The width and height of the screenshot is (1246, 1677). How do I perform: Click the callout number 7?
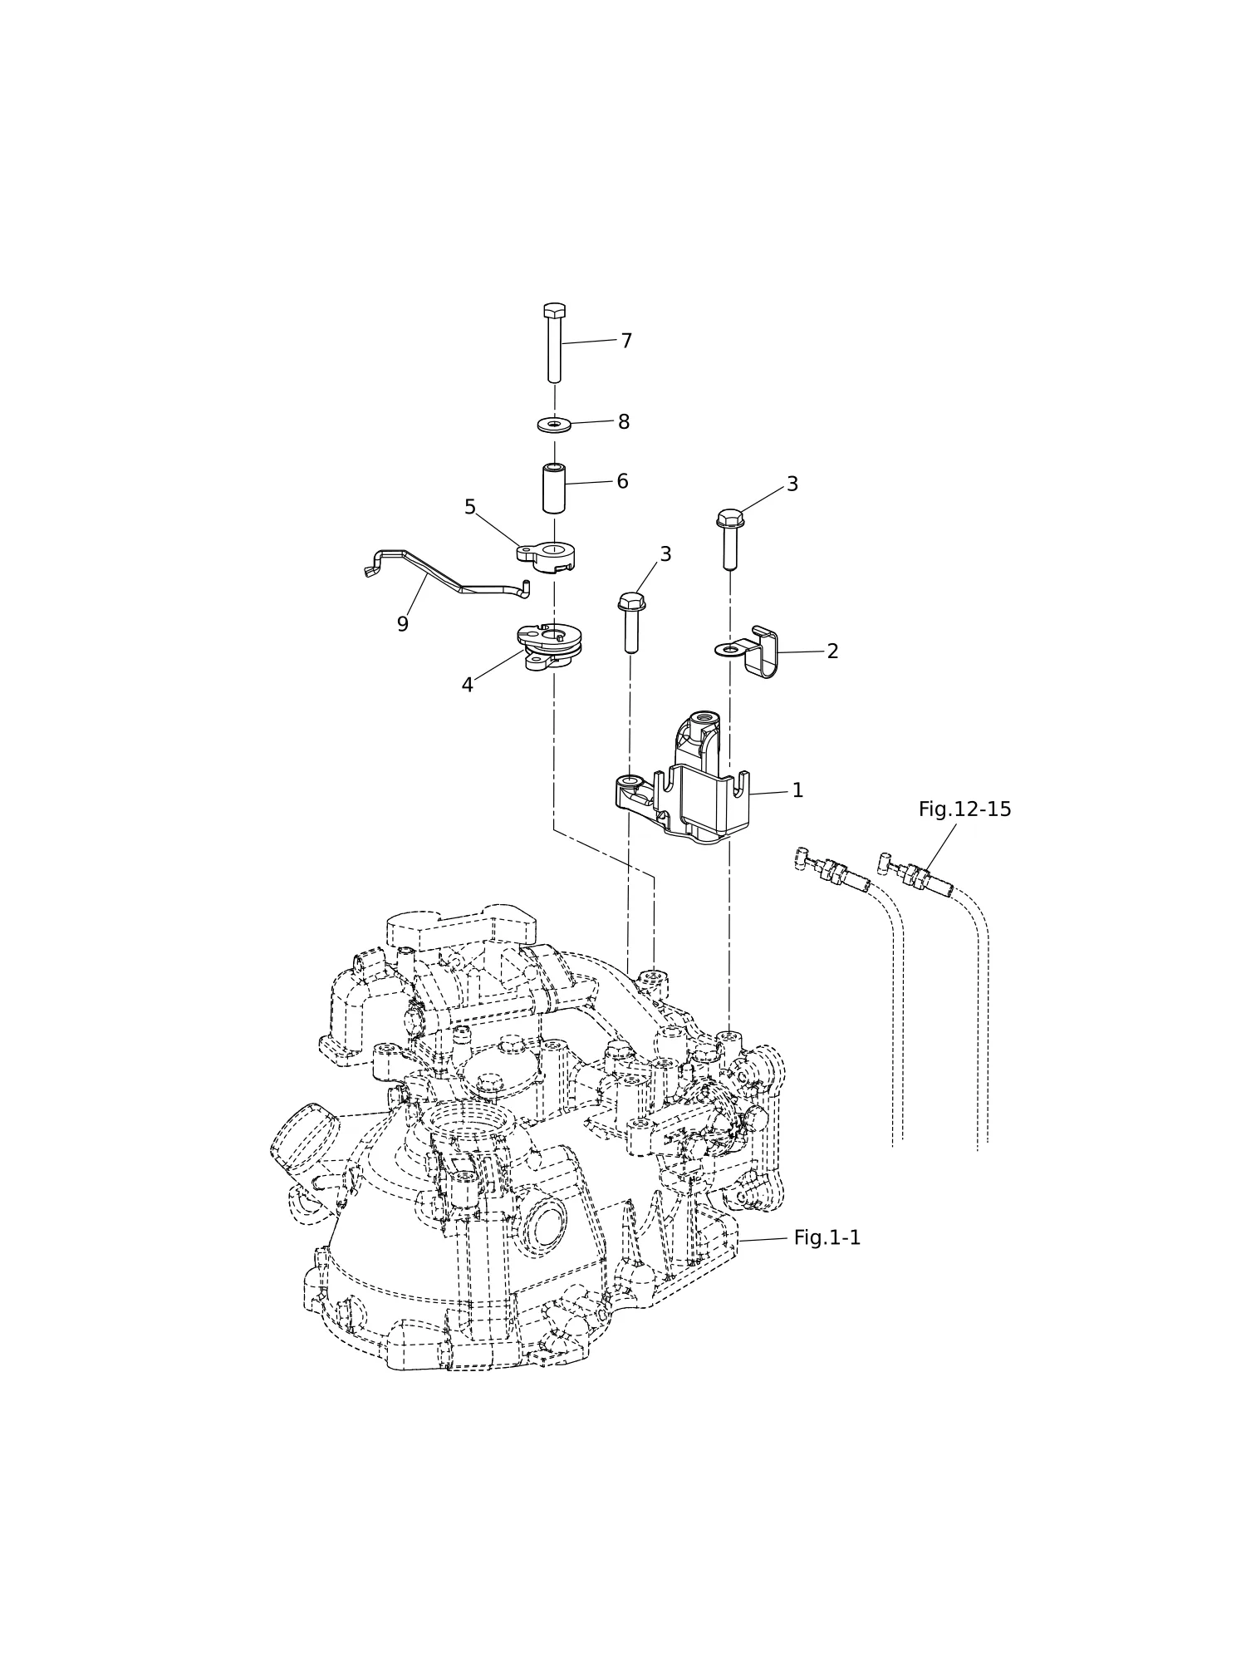626,341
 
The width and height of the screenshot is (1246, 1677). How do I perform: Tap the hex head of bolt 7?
555,311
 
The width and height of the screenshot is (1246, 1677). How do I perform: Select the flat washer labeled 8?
554,425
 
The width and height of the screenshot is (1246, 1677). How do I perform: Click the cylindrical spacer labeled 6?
554,489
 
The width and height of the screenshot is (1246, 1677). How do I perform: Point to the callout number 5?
470,507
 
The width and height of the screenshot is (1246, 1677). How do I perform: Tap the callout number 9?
403,624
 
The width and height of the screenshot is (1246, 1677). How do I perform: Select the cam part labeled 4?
550,647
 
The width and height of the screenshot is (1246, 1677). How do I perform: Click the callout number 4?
468,685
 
